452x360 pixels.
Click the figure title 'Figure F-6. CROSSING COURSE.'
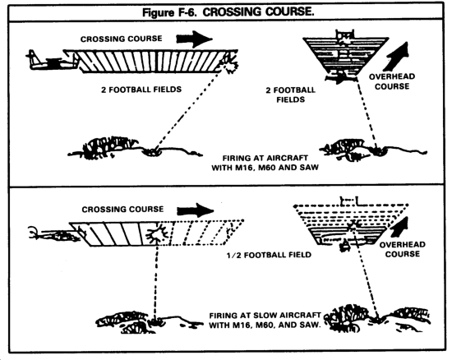[x=228, y=12]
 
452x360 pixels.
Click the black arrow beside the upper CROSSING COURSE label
[x=195, y=39]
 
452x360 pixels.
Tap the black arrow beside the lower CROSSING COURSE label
[x=196, y=210]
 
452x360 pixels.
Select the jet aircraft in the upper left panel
[x=52, y=61]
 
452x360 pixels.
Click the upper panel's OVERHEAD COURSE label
[x=392, y=81]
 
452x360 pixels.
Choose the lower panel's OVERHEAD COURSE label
[x=403, y=249]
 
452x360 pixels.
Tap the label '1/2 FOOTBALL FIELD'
[x=269, y=255]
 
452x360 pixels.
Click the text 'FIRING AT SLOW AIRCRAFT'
[x=265, y=316]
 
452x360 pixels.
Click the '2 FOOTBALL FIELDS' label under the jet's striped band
[x=141, y=90]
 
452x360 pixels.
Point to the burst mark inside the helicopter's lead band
[x=157, y=233]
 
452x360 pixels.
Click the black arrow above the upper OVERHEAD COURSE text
[x=398, y=56]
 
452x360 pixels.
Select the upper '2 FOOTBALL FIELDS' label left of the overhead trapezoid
[x=290, y=95]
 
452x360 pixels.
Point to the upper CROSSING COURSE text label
[x=121, y=39]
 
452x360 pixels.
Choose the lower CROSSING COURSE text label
[x=122, y=209]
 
